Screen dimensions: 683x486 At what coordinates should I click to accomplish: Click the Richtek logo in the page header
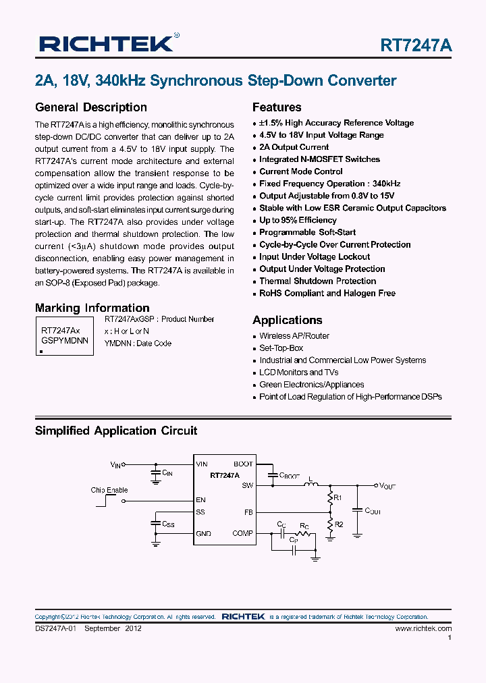click(x=106, y=44)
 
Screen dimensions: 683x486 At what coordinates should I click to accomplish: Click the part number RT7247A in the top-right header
click(x=416, y=45)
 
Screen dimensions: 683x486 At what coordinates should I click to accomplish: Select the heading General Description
click(x=90, y=107)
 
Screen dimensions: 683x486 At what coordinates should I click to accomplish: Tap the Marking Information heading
click(x=92, y=308)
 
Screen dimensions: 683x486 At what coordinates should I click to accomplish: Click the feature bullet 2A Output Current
click(x=294, y=147)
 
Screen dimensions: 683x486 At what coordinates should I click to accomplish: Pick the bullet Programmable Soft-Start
click(x=307, y=232)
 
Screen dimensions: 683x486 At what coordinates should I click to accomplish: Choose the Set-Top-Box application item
click(x=281, y=348)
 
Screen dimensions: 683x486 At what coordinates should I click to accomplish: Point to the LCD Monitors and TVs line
click(x=299, y=373)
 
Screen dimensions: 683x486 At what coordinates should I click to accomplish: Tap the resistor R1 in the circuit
click(x=330, y=499)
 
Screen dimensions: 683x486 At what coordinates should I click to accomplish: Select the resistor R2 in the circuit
click(x=330, y=524)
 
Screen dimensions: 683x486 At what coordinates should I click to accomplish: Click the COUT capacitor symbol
click(x=358, y=511)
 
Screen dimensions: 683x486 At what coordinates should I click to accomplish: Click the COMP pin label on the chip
click(x=242, y=533)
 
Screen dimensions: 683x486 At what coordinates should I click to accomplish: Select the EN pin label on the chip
click(x=200, y=500)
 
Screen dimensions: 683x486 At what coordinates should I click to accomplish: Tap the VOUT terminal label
click(x=388, y=486)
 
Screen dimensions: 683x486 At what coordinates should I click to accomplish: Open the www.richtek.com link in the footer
click(x=423, y=628)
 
